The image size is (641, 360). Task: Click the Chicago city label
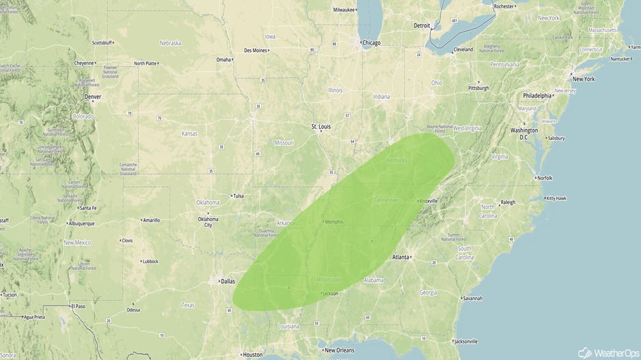click(372, 43)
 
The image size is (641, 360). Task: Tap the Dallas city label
click(227, 280)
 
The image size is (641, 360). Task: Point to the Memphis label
click(334, 222)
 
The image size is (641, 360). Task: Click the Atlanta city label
click(401, 257)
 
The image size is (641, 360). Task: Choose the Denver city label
click(92, 97)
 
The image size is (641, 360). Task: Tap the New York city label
click(583, 79)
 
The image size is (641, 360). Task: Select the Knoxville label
click(429, 201)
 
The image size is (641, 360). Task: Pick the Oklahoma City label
click(208, 222)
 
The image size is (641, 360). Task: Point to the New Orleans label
click(339, 350)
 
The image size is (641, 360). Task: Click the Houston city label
click(252, 355)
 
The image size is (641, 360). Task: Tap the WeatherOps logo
click(607, 352)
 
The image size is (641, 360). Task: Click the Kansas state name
click(189, 134)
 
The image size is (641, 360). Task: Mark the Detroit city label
click(422, 26)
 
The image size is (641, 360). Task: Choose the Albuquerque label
click(85, 223)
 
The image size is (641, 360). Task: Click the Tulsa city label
click(238, 196)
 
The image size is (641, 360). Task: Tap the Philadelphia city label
click(537, 96)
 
